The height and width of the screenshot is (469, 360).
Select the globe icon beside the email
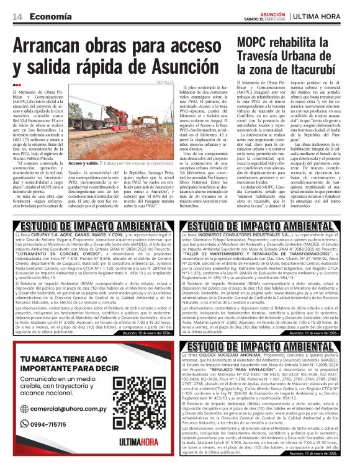[25, 409]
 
